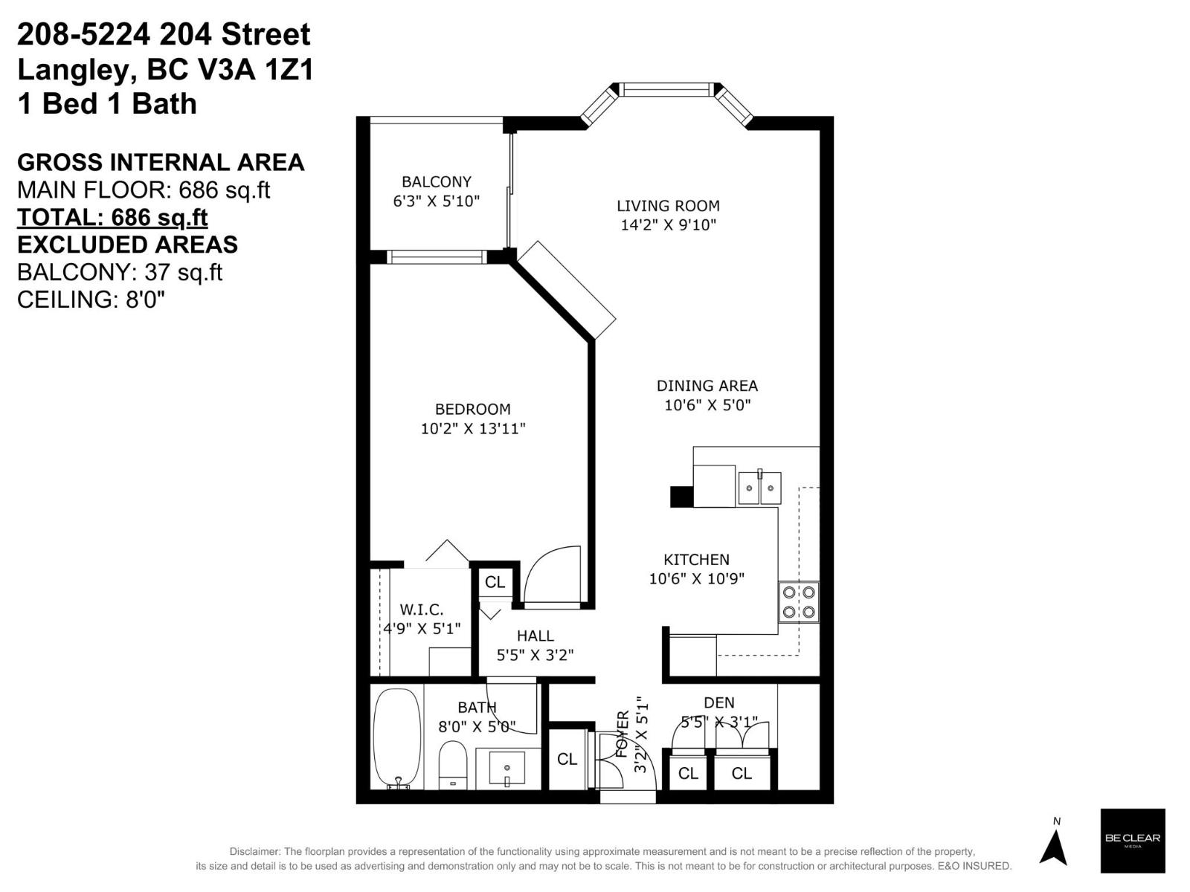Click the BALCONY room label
pos(437,182)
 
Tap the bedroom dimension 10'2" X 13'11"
pos(473,429)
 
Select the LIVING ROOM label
pos(668,206)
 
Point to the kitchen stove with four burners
pos(799,602)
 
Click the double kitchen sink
pos(759,488)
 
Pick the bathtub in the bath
pos(397,738)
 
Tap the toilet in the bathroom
pos(452,763)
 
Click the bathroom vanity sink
pos(507,768)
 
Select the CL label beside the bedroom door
pos(495,582)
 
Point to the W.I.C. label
pos(422,610)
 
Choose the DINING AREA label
pos(707,386)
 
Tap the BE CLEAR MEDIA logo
pos(1132,840)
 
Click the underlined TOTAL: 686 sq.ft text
pos(112,217)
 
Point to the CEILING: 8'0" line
pos(91,300)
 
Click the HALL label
pos(535,636)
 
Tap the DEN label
pos(718,702)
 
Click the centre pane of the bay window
pos(666,90)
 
